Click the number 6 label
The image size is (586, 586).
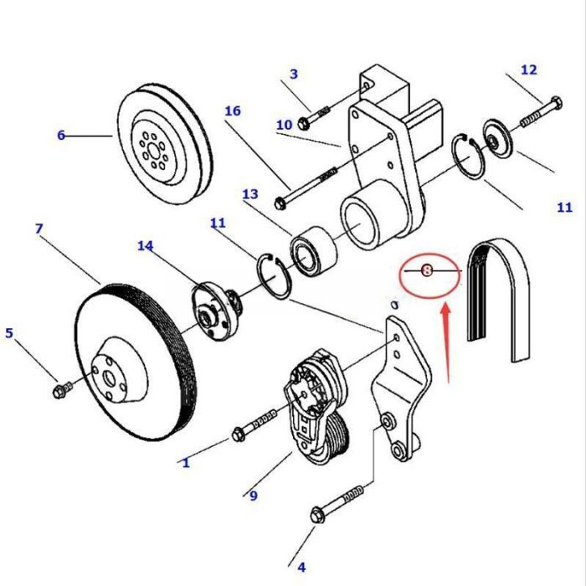pos(60,135)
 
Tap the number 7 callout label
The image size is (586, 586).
pos(39,229)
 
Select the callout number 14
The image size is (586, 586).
pos(146,245)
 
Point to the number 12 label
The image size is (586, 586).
pos(528,69)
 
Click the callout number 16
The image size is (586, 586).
pos(232,111)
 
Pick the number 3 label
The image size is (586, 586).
pos(293,74)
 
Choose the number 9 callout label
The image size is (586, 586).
pos(252,496)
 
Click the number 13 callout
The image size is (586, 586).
pos(249,194)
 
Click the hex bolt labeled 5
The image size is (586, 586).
pos(60,389)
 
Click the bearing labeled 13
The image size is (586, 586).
pos(313,251)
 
